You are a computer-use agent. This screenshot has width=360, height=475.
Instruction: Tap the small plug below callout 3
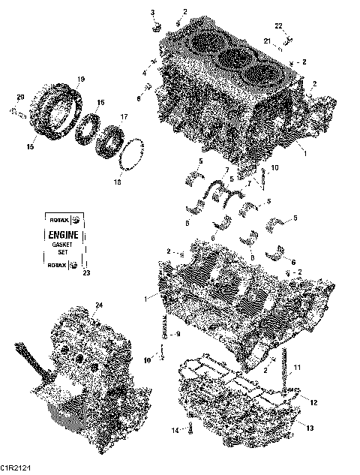[157, 28]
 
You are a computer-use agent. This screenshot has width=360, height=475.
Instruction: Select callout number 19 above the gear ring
[81, 79]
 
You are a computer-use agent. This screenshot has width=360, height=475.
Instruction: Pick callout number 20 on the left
[20, 97]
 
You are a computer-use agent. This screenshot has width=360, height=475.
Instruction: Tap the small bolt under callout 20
[17, 113]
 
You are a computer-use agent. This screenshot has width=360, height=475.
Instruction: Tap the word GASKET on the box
[63, 245]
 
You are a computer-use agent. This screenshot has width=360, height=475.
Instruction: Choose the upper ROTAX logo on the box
[63, 221]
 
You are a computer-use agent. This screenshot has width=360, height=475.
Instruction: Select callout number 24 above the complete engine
[97, 304]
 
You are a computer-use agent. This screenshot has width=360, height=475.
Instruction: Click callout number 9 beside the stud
[178, 335]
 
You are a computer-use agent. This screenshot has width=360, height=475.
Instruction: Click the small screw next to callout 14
[190, 428]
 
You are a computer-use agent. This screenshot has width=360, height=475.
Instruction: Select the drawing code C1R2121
[16, 469]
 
